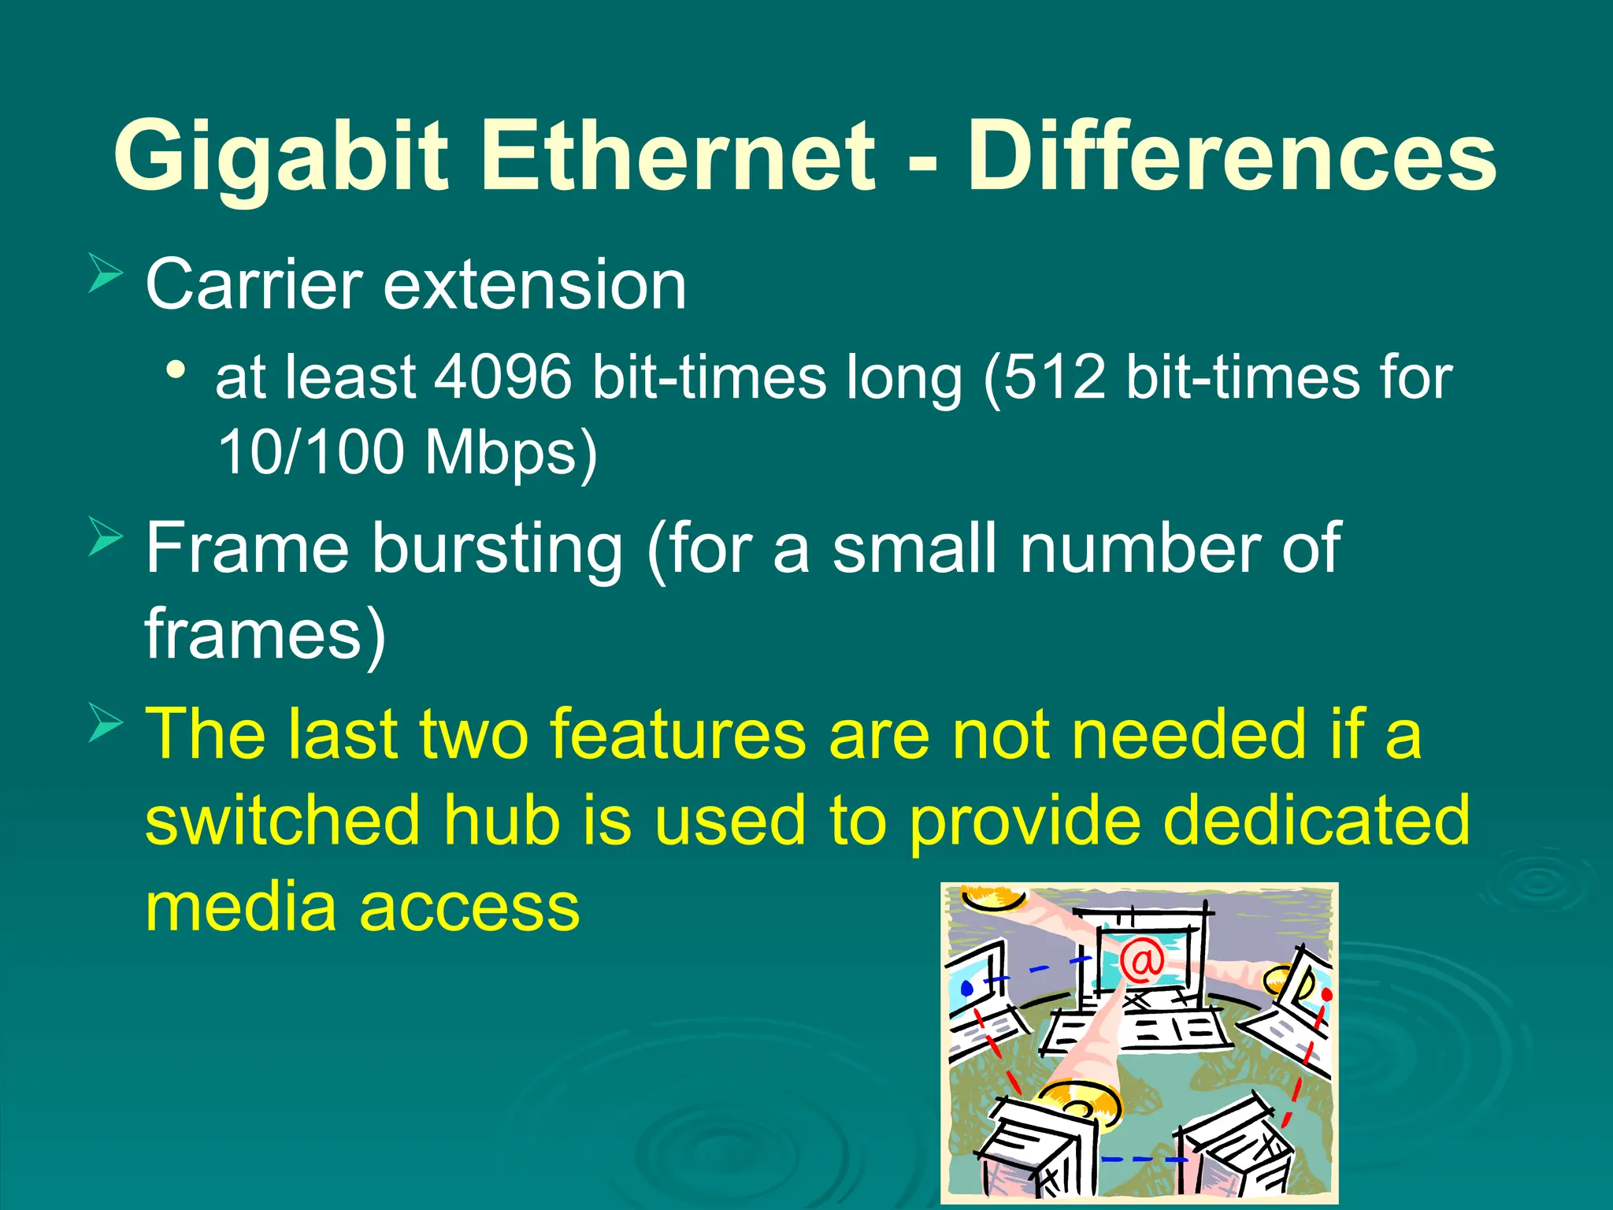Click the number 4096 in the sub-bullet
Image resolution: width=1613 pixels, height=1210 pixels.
click(503, 377)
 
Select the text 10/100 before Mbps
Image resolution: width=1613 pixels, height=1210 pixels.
click(310, 452)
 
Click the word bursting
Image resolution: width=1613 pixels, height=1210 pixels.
click(497, 550)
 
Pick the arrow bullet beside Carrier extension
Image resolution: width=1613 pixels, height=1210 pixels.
click(106, 273)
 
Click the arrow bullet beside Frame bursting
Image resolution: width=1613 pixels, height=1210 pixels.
click(106, 536)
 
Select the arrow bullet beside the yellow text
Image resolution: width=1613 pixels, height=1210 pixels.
click(106, 722)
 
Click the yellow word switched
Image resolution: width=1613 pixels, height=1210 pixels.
click(283, 820)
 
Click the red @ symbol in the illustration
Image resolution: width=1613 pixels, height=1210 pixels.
click(1141, 961)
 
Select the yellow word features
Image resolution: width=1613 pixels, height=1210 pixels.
click(677, 733)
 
